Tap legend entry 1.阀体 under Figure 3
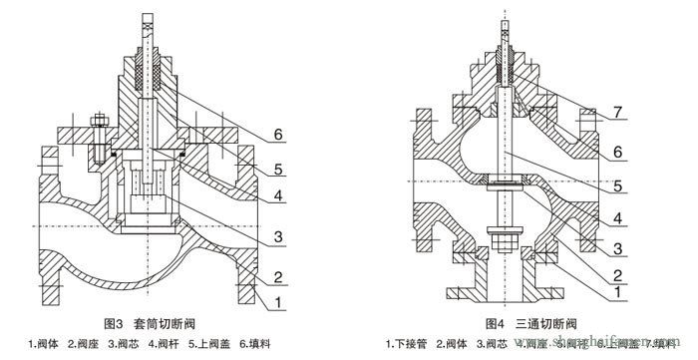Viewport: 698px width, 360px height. [x=45, y=345]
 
